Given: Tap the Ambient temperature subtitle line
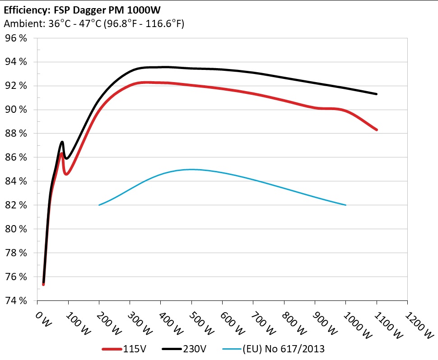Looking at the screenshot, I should [x=94, y=24].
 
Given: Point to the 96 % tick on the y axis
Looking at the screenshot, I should [x=16, y=38].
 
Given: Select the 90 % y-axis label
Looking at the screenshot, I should [x=16, y=110].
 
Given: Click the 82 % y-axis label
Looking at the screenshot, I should [x=16, y=205].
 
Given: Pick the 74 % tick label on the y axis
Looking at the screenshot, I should [x=16, y=300].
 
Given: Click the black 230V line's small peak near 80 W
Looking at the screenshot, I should [x=62, y=142].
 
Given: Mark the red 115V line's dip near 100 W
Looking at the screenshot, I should [x=66, y=174].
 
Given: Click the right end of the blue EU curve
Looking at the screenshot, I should [x=345, y=205].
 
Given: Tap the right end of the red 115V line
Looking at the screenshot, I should [x=376, y=129].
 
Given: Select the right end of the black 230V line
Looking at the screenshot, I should [x=376, y=94].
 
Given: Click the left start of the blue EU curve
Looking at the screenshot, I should [x=99, y=205].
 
